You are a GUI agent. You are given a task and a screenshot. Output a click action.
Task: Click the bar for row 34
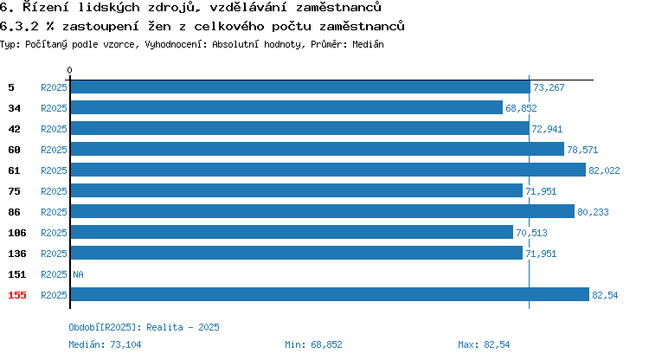click(x=286, y=107)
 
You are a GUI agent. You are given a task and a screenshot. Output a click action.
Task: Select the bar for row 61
click(x=328, y=170)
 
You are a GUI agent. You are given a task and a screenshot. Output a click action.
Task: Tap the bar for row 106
click(x=292, y=232)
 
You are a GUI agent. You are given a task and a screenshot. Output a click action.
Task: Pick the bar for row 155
click(x=330, y=294)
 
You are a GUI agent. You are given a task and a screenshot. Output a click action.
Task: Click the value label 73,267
click(x=549, y=87)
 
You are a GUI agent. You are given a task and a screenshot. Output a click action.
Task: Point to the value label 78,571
click(x=582, y=150)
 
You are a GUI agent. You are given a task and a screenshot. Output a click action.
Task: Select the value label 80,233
click(x=593, y=212)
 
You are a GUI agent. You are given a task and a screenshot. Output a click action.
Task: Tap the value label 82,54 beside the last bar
click(x=605, y=295)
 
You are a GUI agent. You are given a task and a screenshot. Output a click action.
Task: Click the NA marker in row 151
click(x=78, y=274)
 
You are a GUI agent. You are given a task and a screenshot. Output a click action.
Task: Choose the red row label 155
click(x=17, y=295)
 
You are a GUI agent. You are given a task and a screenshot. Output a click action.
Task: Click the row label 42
click(x=14, y=129)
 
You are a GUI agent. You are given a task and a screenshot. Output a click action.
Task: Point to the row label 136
click(x=17, y=254)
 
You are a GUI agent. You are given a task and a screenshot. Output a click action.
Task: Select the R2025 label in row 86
click(x=54, y=212)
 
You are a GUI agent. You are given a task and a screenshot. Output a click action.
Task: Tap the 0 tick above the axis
click(x=69, y=70)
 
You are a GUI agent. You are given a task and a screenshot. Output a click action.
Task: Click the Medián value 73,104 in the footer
click(x=125, y=344)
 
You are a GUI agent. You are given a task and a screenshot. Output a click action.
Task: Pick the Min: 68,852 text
click(x=313, y=344)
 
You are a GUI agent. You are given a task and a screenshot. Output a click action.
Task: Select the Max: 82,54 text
click(x=484, y=344)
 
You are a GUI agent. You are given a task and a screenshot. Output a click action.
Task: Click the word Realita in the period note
click(x=164, y=327)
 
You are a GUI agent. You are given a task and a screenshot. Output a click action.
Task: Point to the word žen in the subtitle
click(x=159, y=27)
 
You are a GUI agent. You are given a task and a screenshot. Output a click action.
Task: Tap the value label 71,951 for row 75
click(x=541, y=191)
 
